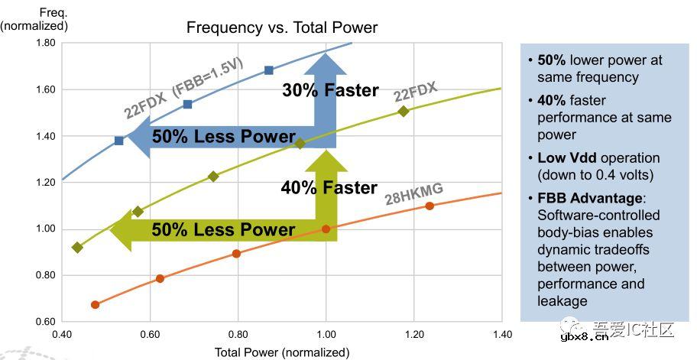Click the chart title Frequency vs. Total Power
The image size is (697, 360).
(x=282, y=28)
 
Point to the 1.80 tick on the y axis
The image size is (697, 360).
(x=45, y=43)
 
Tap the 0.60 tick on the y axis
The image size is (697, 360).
(x=45, y=322)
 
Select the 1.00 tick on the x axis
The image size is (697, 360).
(x=326, y=334)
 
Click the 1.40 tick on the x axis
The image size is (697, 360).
(x=502, y=334)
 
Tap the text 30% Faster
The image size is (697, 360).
(x=330, y=90)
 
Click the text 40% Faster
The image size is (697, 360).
(x=329, y=187)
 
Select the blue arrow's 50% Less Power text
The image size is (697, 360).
(x=223, y=137)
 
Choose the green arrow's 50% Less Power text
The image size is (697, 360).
(x=223, y=229)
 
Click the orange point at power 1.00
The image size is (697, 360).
(x=326, y=229)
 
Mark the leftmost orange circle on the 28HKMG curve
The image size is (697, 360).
(x=95, y=304)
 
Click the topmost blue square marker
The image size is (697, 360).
(x=269, y=70)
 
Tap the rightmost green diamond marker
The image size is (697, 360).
(x=404, y=112)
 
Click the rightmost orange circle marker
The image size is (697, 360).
(x=430, y=206)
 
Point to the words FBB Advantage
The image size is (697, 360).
(x=581, y=198)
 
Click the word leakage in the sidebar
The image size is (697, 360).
(x=562, y=300)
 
